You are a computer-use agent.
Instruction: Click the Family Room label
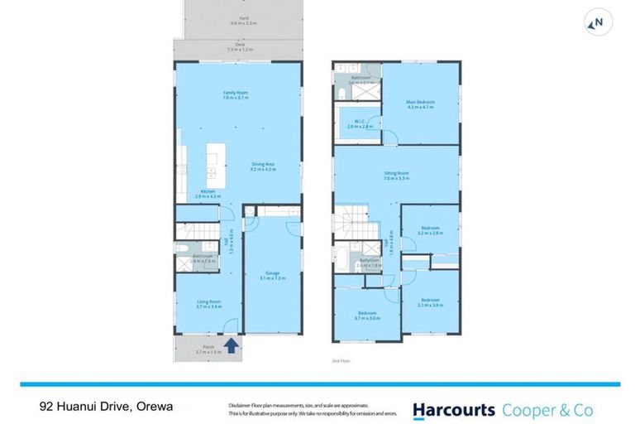pos(236,95)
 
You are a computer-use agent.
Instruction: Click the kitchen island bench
pos(212,162)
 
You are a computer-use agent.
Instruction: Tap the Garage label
pos(273,276)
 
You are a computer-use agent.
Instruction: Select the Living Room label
pos(208,304)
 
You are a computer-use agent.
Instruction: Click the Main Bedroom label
pos(420,104)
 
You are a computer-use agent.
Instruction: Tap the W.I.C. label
pos(356,124)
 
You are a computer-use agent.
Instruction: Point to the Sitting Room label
pos(396,176)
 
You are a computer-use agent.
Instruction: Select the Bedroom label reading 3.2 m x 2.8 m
pos(431,230)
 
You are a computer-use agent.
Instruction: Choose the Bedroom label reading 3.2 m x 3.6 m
pos(431,302)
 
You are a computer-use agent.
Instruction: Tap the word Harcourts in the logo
pos(454,409)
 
